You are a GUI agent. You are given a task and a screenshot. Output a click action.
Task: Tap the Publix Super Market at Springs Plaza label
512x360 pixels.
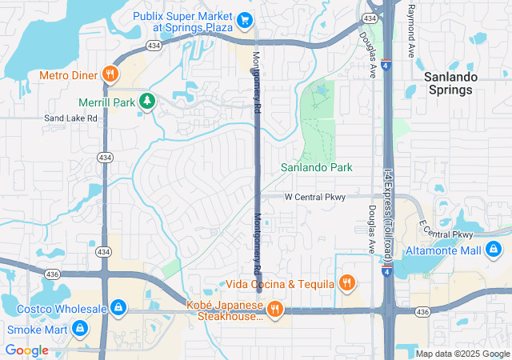[192, 21]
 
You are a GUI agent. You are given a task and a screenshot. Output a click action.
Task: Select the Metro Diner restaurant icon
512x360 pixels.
[111, 75]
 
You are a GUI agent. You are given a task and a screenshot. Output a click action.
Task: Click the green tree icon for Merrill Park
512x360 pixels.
[146, 101]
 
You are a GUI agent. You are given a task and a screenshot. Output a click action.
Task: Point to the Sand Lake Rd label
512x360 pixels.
[70, 118]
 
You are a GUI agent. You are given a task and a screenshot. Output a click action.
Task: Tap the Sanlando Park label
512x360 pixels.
[317, 168]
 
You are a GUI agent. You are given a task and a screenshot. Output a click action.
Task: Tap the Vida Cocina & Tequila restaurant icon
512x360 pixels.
[346, 282]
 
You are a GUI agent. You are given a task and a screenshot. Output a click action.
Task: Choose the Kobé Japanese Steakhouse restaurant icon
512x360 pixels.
[274, 308]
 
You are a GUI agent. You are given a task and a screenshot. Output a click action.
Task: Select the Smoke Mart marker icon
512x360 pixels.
[80, 328]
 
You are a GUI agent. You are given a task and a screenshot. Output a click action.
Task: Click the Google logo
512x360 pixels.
[27, 350]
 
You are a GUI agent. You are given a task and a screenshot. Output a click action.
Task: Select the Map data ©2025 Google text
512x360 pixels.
[462, 354]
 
